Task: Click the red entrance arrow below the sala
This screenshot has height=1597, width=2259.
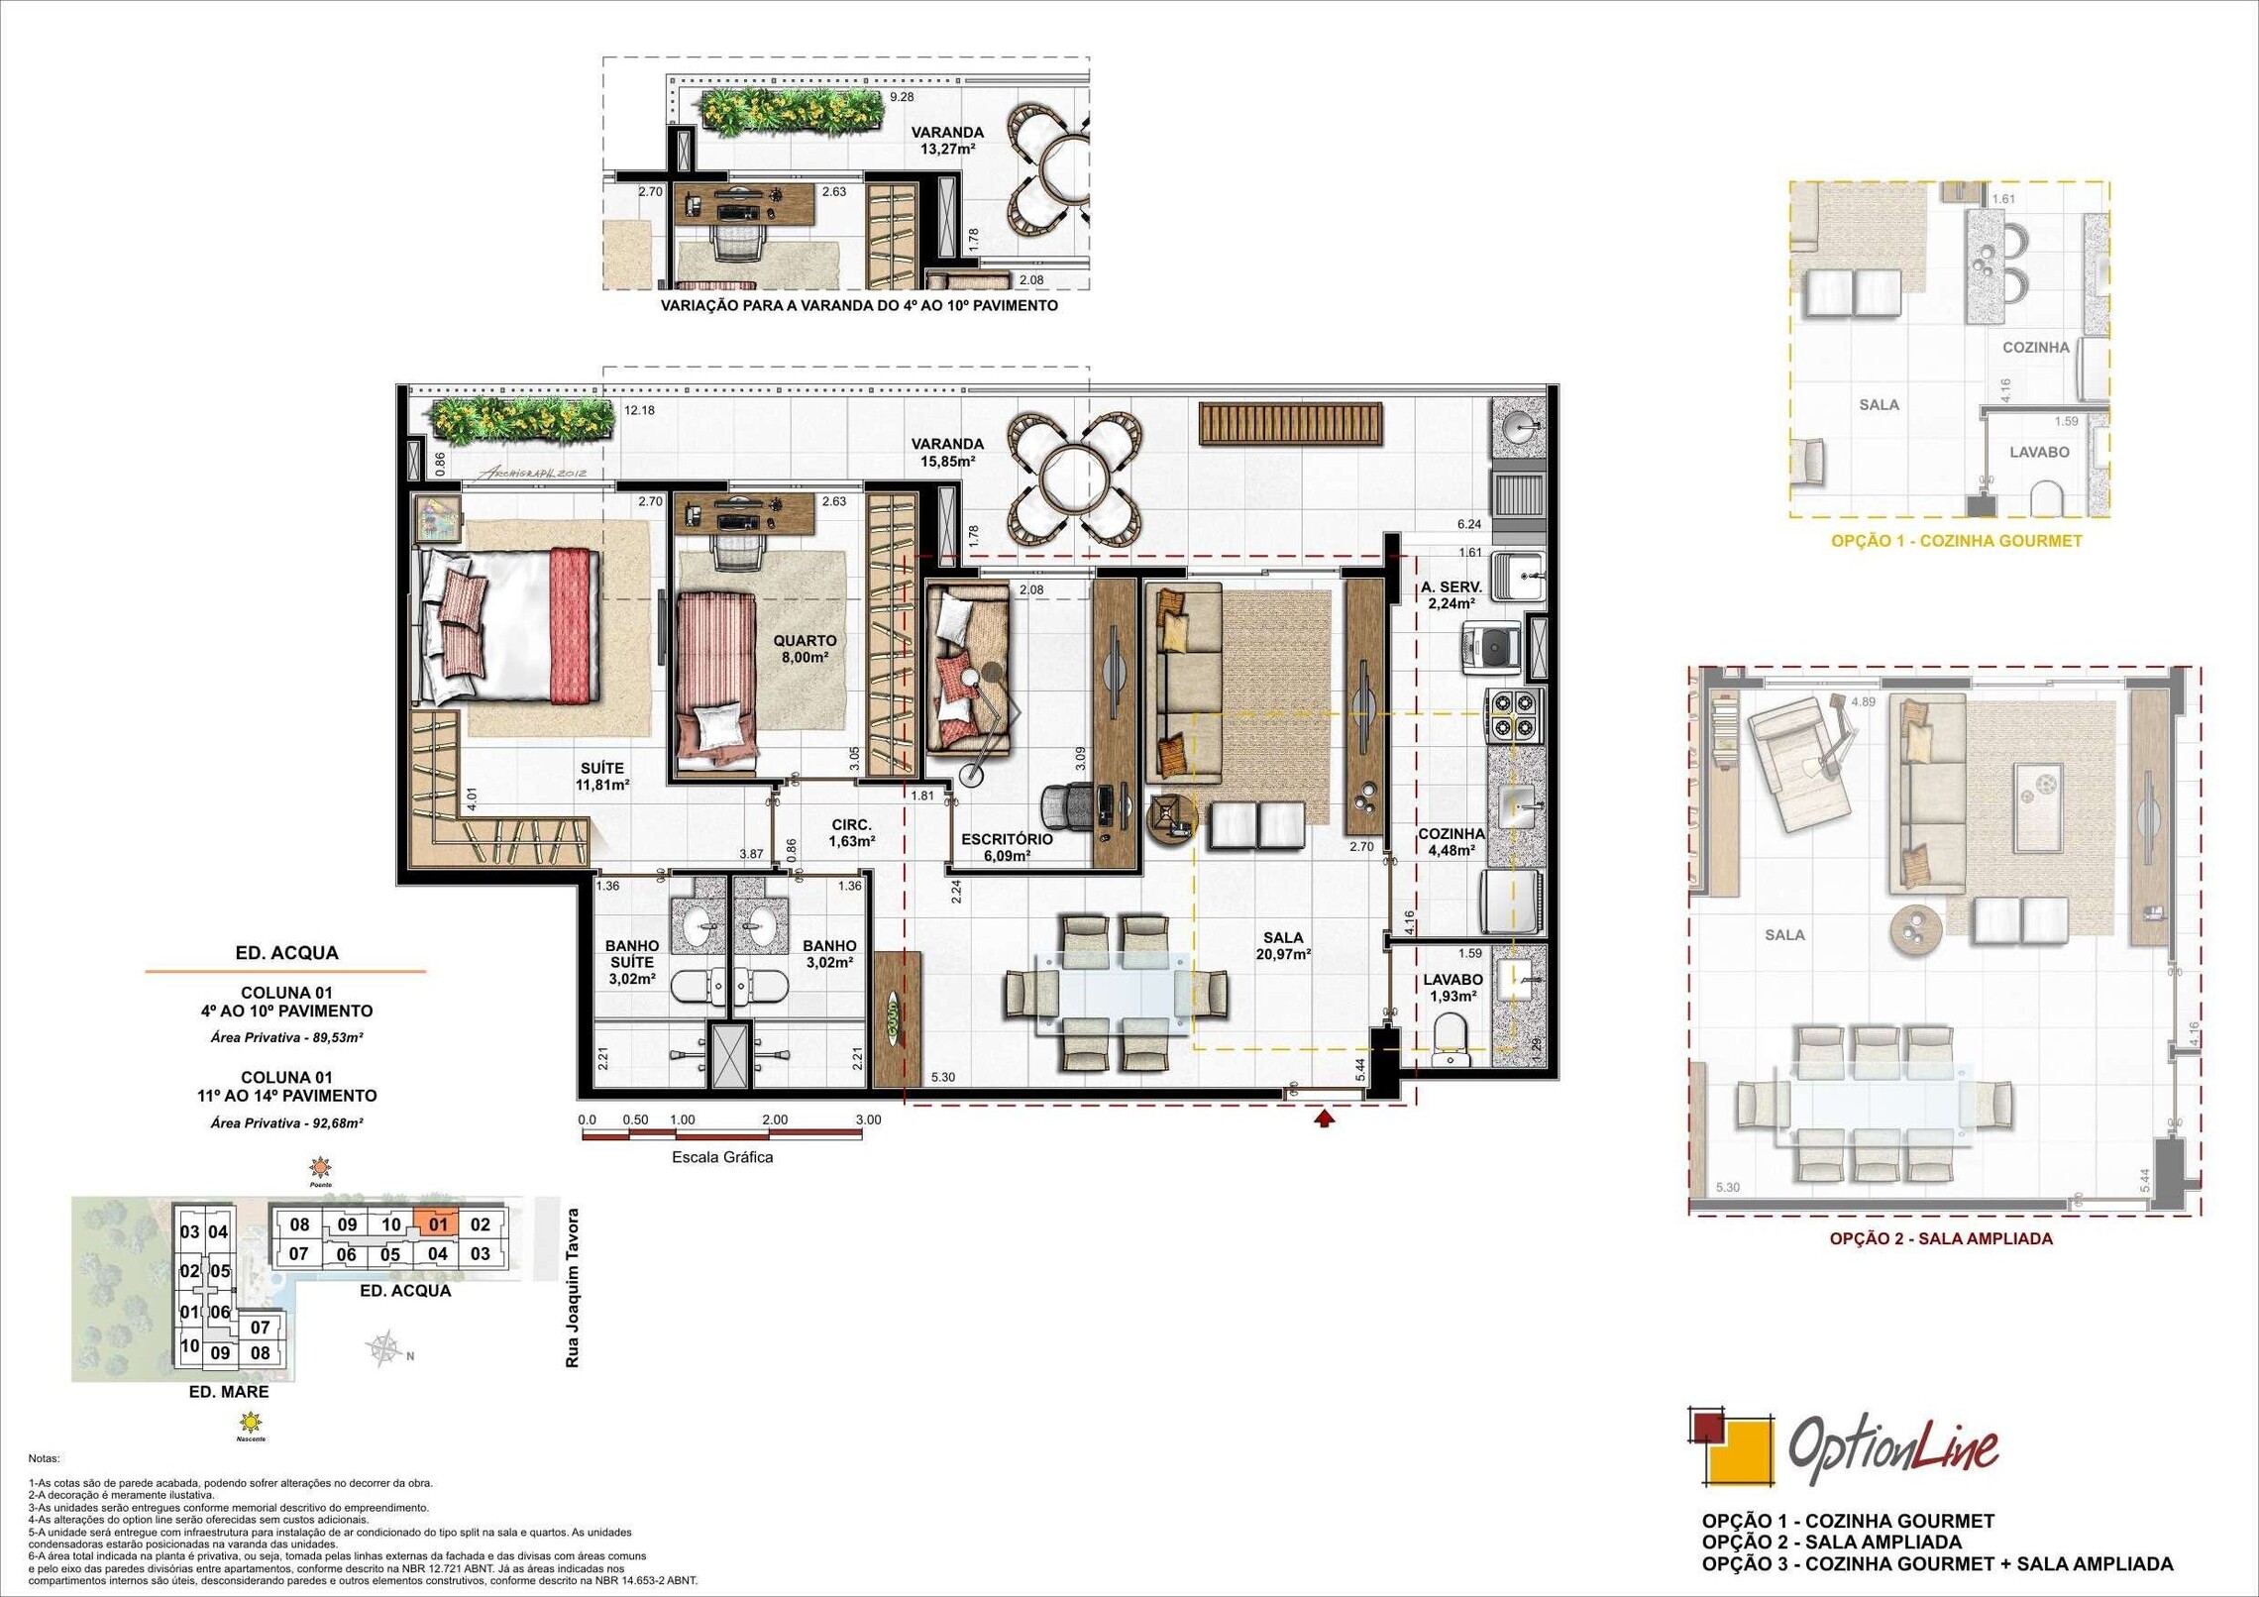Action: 1325,1118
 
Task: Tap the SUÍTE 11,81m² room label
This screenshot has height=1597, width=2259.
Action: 602,776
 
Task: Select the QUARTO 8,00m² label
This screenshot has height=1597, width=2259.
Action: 805,649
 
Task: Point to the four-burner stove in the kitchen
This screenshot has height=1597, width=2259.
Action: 1514,716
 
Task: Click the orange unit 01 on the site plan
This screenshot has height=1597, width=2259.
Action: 438,1224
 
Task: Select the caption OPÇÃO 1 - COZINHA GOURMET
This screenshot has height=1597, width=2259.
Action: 1956,541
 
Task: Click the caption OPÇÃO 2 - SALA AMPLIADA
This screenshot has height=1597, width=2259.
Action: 1940,1238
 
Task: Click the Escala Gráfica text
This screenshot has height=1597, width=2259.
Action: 722,1157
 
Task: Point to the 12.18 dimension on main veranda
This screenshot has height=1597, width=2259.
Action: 639,410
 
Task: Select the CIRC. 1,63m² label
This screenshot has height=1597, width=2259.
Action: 851,833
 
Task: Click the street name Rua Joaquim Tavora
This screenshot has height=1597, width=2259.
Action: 572,1288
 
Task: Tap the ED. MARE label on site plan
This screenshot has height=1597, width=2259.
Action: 229,1392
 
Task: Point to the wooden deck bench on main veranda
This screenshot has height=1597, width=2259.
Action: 1290,423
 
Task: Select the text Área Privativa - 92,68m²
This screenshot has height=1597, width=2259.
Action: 286,1123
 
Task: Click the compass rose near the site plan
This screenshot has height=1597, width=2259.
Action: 385,1348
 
